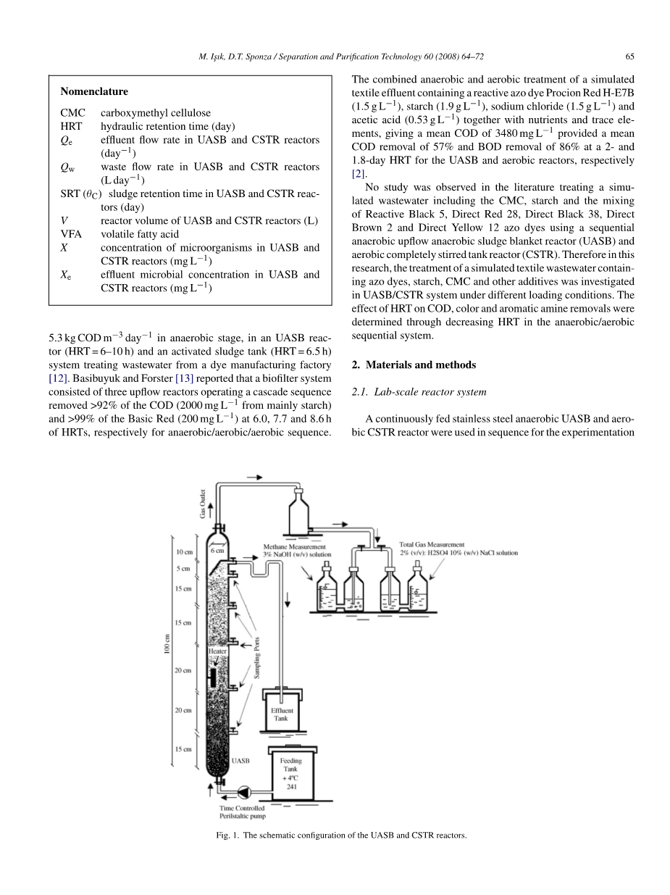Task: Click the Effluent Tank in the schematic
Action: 281,713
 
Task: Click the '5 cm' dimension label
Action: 183,569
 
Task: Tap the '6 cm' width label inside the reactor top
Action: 217,551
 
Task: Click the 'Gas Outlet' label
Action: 204,502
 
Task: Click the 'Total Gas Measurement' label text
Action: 432,544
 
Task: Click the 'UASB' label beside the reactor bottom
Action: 240,761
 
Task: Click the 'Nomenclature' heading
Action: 94,92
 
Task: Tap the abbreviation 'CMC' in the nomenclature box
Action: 73,112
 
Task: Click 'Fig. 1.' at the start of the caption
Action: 227,835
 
